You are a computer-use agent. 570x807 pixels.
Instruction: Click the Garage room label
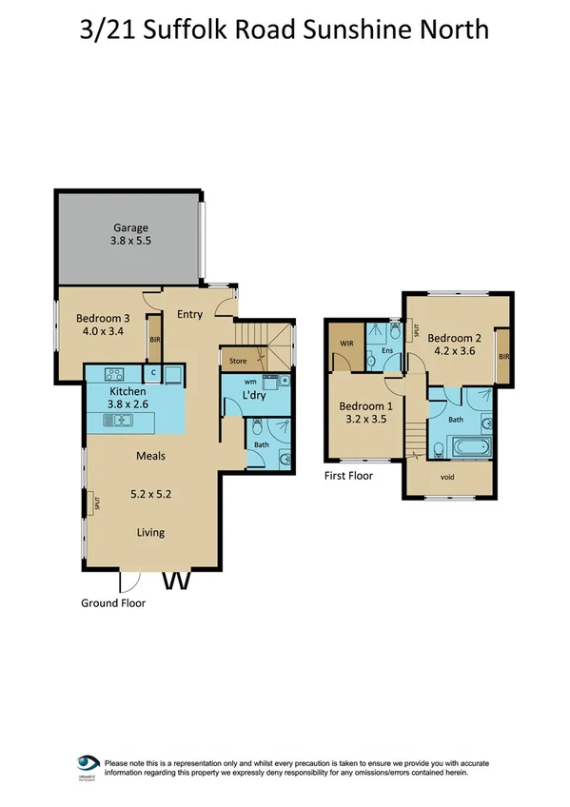click(128, 228)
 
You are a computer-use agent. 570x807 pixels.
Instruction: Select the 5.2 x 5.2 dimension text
click(148, 495)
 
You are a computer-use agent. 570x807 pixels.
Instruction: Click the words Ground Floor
click(113, 602)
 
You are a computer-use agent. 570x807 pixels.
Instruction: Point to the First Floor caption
click(349, 476)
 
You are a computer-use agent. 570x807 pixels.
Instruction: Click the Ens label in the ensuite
click(387, 352)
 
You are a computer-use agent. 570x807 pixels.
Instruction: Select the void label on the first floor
click(447, 477)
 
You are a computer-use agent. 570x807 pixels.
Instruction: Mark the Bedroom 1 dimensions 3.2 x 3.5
click(365, 418)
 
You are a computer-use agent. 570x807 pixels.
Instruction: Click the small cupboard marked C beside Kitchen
click(153, 373)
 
